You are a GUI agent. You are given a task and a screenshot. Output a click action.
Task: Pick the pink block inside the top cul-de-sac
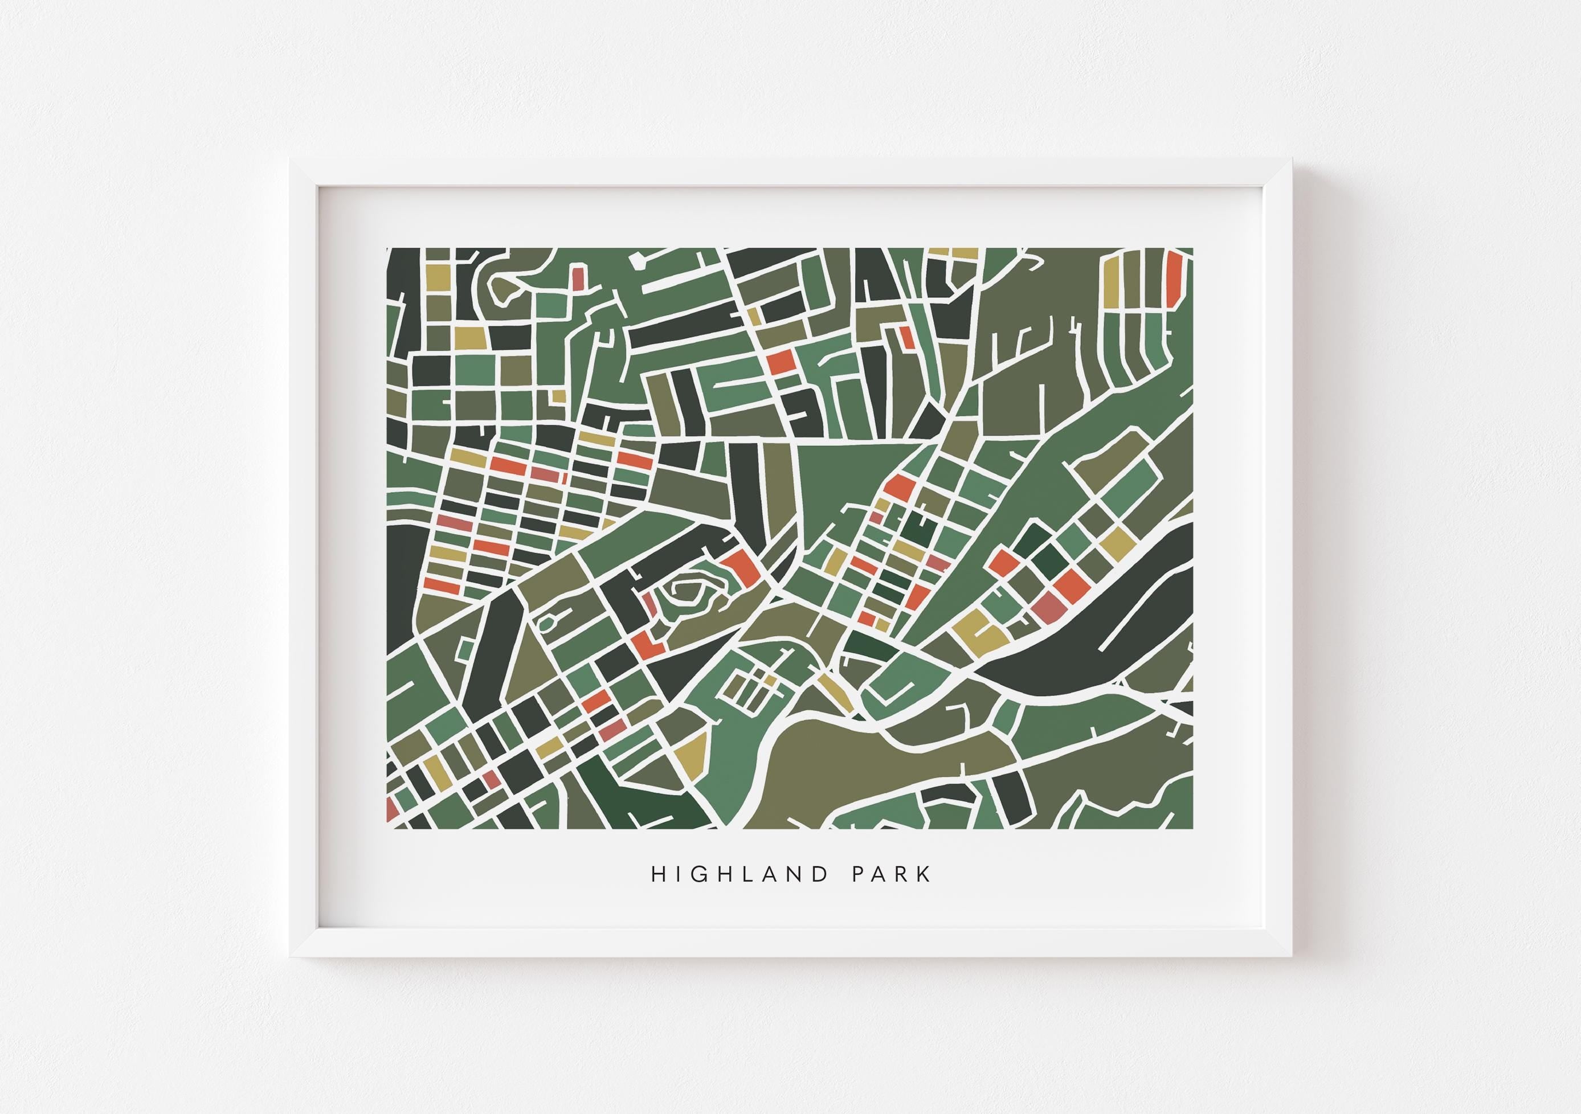578,277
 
